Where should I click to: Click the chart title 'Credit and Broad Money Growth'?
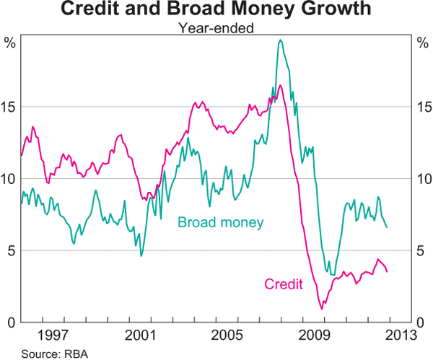tap(216, 10)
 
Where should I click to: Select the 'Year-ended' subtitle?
tap(216, 28)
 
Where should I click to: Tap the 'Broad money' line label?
tap(221, 221)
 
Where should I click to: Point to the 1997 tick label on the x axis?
tap(55, 335)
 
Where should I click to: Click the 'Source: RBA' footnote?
tap(52, 352)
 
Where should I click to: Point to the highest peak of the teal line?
tap(280, 40)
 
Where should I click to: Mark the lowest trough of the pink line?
tap(322, 309)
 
